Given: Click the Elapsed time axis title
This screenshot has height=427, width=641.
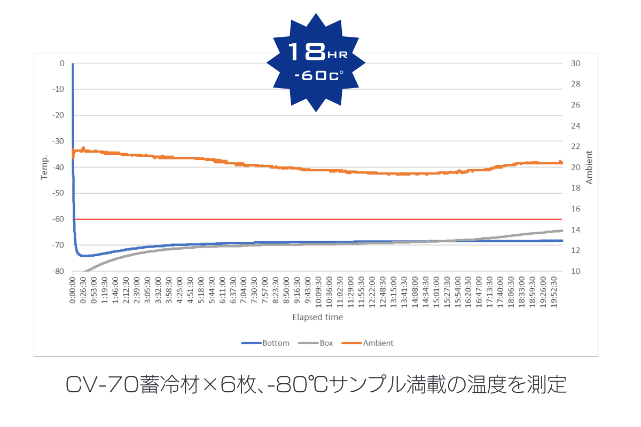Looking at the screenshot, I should point(317,317).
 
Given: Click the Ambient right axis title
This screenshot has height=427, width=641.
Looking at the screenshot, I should point(590,167).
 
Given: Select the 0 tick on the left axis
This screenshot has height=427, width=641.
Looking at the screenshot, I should point(61,64).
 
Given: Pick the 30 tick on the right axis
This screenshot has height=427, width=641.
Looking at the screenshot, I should point(577,64).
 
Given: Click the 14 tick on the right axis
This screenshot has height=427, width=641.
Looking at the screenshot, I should point(577,230).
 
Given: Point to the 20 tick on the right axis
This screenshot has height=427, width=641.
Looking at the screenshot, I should point(577,168).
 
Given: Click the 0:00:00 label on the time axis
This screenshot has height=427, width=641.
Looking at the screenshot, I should point(73,290).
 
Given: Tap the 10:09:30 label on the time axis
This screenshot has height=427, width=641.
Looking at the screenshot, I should point(319,290).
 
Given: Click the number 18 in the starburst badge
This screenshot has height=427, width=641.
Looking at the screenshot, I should point(307,52).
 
